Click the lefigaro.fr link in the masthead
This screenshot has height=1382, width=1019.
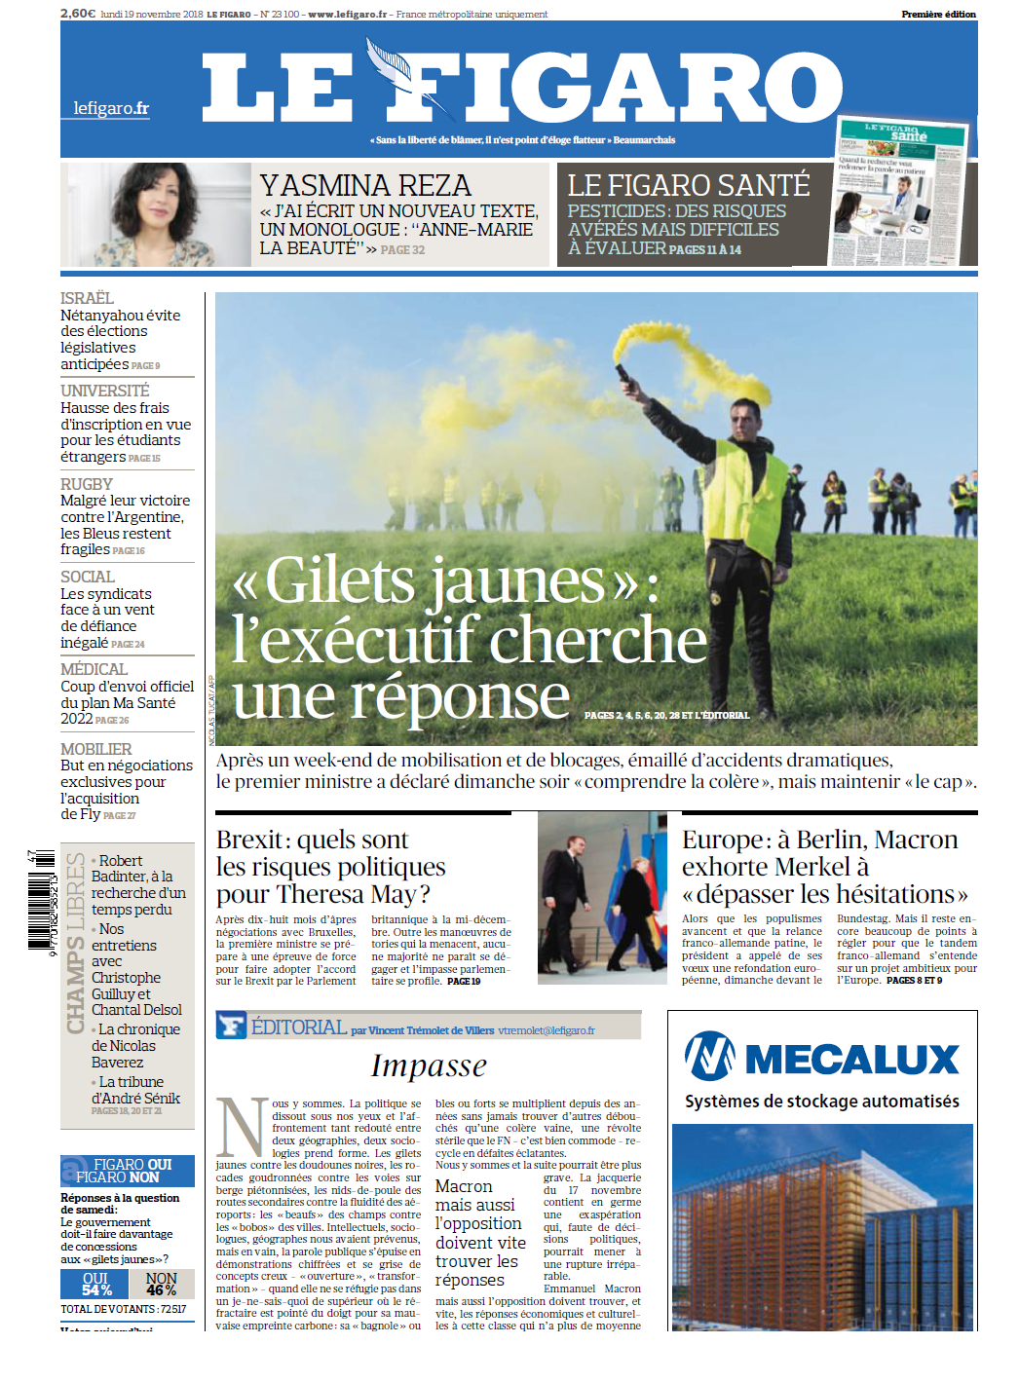tap(111, 108)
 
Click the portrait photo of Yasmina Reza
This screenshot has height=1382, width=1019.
tap(156, 214)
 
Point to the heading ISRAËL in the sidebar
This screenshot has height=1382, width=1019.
tap(87, 298)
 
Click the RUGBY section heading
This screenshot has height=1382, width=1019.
tap(87, 484)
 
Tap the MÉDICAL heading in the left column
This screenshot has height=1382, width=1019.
tap(94, 669)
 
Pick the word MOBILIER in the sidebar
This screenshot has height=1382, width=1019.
tap(95, 749)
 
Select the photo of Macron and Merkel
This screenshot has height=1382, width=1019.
tap(602, 897)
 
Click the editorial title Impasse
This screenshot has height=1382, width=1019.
tap(429, 1065)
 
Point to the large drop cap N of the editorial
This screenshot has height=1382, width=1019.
tap(241, 1126)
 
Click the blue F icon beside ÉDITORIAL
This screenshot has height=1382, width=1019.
tap(231, 1026)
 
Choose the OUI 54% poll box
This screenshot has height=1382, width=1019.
tap(95, 1284)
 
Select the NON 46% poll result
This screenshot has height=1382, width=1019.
tap(162, 1284)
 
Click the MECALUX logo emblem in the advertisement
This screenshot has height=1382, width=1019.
tap(710, 1057)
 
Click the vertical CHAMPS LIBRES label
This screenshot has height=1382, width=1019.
tap(75, 942)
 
